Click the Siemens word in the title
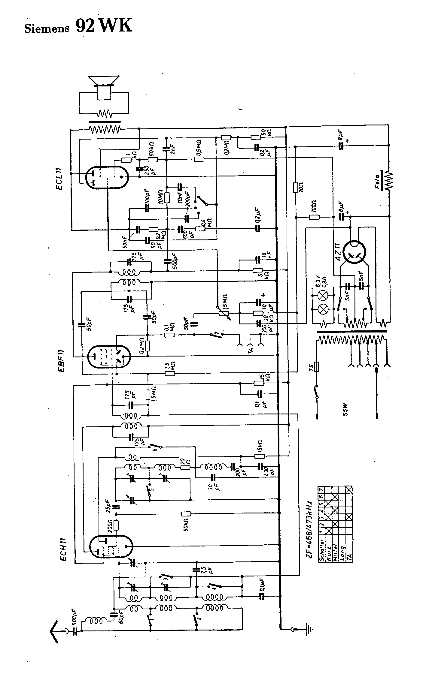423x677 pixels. tap(47, 28)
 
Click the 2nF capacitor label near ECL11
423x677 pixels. tap(172, 149)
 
